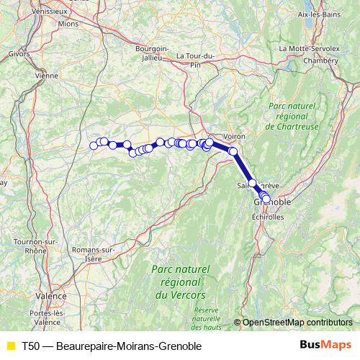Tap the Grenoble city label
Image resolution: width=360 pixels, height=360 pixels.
tap(273, 204)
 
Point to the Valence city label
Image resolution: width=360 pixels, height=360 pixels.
tap(50, 296)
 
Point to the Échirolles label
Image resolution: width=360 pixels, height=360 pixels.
tap(269, 217)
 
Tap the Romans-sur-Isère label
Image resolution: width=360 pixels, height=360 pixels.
tap(94, 253)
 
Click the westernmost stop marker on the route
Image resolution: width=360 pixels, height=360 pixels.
tap(93, 145)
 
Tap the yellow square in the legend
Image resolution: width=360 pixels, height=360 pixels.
tap(10, 346)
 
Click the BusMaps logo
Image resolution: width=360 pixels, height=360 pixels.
tap(320, 346)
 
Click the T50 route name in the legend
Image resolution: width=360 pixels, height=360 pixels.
tap(111, 346)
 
